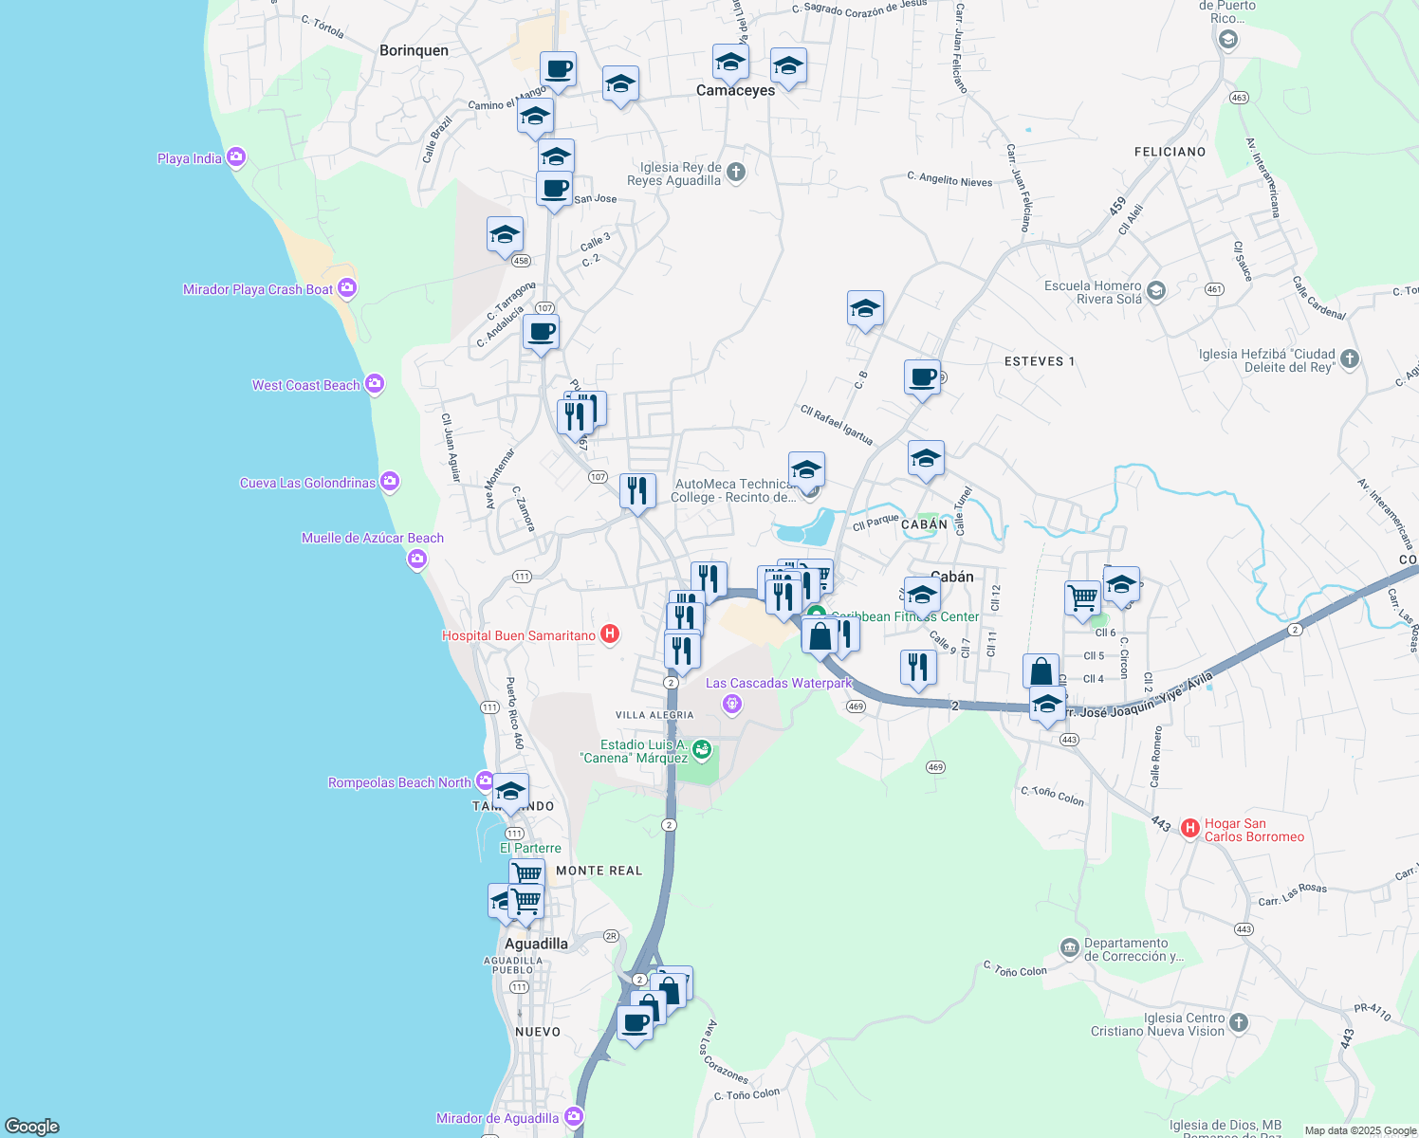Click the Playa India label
click(190, 158)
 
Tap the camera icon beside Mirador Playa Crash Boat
click(347, 287)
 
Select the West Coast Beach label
click(305, 385)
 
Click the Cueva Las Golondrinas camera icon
click(390, 482)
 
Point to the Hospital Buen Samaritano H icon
click(610, 633)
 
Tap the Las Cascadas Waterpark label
click(779, 683)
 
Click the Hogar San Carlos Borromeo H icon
click(1190, 828)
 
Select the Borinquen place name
click(414, 50)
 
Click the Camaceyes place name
click(735, 90)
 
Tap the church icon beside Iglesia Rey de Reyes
click(736, 173)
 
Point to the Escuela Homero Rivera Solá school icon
click(1155, 290)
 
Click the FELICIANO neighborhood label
click(1170, 152)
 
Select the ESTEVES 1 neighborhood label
click(1039, 361)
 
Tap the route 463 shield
click(1238, 98)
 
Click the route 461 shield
click(1214, 289)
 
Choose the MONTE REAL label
click(599, 871)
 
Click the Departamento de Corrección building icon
click(1070, 947)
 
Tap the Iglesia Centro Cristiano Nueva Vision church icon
click(1238, 1022)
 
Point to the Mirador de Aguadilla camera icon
click(574, 1116)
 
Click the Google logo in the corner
click(32, 1126)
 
